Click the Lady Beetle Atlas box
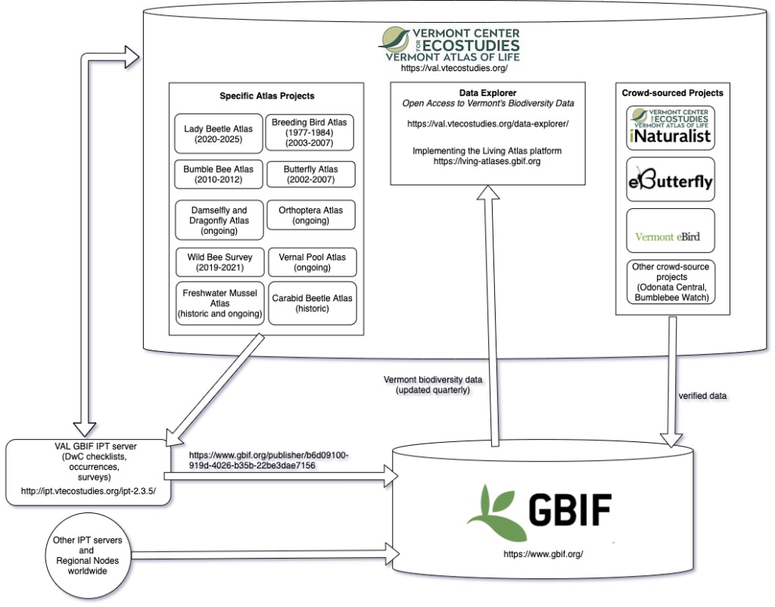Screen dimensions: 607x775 coord(218,135)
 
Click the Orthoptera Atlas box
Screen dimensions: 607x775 coord(311,216)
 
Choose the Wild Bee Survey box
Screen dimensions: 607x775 coord(219,262)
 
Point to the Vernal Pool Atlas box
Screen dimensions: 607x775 coord(311,262)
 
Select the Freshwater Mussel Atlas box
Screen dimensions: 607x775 coord(219,303)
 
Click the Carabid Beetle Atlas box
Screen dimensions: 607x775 coord(311,303)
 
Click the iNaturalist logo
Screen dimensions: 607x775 coord(671,126)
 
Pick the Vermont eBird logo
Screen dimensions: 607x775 coord(668,236)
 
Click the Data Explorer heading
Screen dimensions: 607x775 coord(487,92)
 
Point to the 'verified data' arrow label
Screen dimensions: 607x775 coord(703,396)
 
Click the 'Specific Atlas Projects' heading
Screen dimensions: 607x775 coord(266,96)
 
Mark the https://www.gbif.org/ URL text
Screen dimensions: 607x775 coord(543,555)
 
